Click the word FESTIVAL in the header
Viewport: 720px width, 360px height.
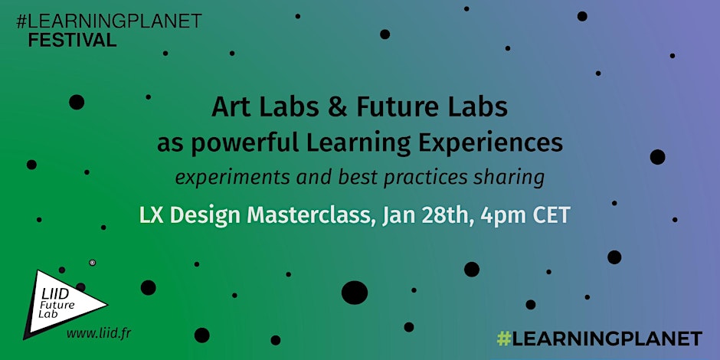(x=72, y=41)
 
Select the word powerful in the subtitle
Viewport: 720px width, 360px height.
(x=243, y=143)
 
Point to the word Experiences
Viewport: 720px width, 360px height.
(x=497, y=143)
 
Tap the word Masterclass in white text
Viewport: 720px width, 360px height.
(x=308, y=215)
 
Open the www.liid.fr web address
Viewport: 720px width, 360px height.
(x=98, y=334)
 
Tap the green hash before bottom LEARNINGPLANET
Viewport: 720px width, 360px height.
(x=504, y=339)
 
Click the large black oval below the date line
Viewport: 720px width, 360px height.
(x=355, y=293)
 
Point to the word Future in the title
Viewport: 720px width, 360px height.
(x=403, y=108)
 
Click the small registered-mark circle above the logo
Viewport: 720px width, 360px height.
(x=92, y=263)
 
